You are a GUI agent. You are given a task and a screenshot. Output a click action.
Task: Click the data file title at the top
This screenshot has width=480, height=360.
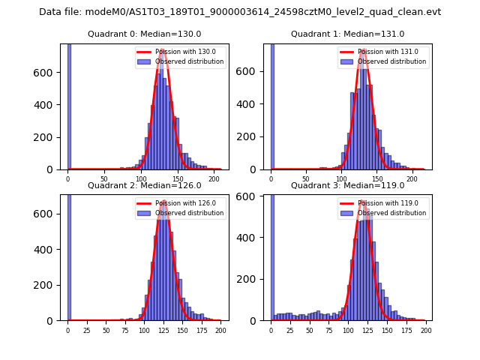tap(240, 12)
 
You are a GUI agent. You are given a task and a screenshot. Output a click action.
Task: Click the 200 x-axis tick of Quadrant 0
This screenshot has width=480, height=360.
tap(214, 178)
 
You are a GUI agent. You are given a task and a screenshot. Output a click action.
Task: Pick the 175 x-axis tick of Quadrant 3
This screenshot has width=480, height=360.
tap(406, 330)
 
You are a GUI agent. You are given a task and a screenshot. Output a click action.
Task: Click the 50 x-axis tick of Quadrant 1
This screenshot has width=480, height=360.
tap(307, 178)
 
